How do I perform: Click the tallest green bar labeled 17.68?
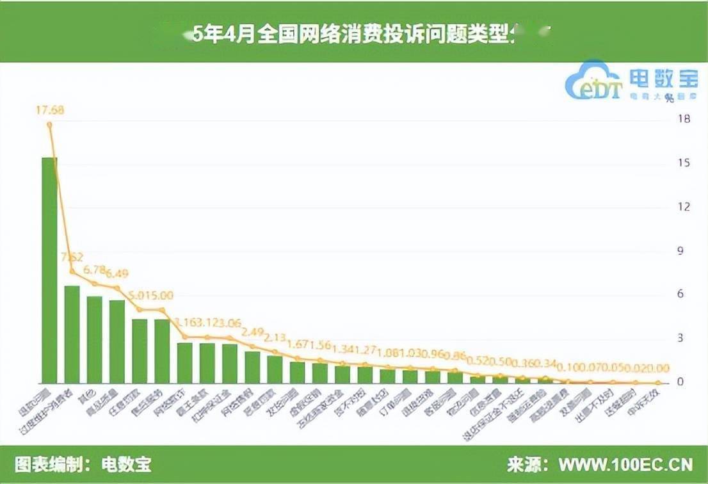(x=49, y=269)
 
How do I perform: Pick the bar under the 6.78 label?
(x=95, y=339)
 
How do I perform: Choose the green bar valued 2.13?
(x=275, y=369)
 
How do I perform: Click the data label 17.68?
(x=49, y=110)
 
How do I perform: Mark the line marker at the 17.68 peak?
(x=49, y=125)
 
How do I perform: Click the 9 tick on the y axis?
(x=686, y=250)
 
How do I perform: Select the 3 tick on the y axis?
(x=686, y=338)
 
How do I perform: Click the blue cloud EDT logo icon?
(x=592, y=81)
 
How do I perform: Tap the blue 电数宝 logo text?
(x=663, y=78)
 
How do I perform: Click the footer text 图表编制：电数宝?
(x=83, y=464)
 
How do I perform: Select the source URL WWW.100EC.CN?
(x=625, y=464)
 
